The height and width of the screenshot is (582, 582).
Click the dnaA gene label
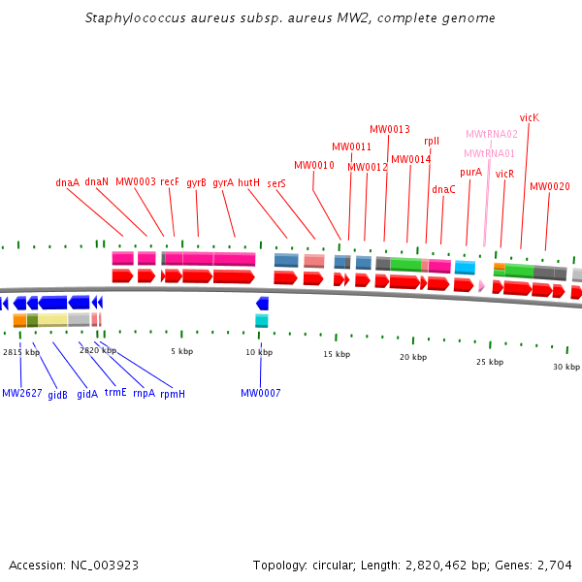click(67, 182)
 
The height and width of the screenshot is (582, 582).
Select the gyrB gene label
click(196, 182)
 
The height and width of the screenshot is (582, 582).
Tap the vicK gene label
click(529, 117)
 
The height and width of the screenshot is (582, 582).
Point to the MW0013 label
click(389, 129)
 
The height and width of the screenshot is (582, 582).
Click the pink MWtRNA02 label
click(491, 134)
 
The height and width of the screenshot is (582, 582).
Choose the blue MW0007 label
click(260, 393)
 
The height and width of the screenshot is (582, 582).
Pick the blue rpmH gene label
click(173, 393)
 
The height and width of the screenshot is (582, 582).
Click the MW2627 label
click(21, 393)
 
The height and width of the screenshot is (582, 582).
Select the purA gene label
click(470, 172)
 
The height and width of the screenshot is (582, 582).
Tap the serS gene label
click(275, 182)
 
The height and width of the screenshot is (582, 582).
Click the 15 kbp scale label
click(337, 355)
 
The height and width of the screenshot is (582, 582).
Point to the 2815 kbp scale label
click(21, 351)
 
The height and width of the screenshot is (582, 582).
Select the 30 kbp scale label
click(566, 367)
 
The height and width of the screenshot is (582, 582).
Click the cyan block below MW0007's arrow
click(261, 320)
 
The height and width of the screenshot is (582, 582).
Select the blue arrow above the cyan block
click(262, 304)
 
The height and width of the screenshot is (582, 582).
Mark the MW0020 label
click(549, 186)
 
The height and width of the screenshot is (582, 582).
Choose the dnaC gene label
click(443, 189)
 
